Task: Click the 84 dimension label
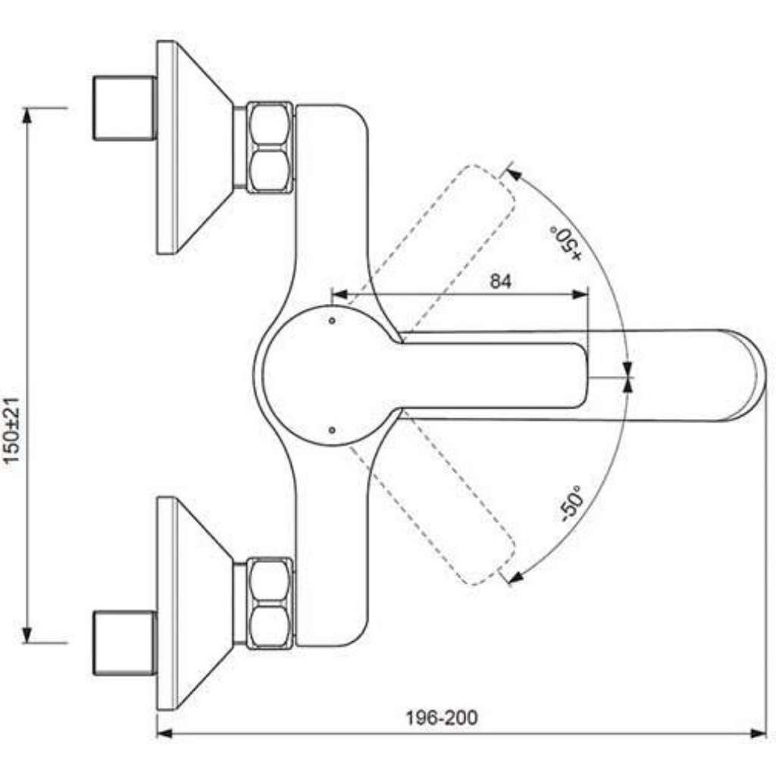(x=500, y=281)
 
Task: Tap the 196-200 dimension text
(x=442, y=718)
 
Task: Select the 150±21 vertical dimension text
(x=12, y=430)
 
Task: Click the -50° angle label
(x=572, y=503)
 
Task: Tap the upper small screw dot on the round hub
(x=332, y=321)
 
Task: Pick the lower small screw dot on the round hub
(x=332, y=430)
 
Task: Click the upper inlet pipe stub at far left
(x=125, y=108)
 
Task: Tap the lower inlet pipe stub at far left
(x=125, y=643)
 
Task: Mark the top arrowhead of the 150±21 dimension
(x=27, y=115)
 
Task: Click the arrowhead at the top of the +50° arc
(x=513, y=174)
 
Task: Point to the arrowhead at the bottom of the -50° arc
(x=517, y=577)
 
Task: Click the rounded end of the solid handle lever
(x=581, y=375)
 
